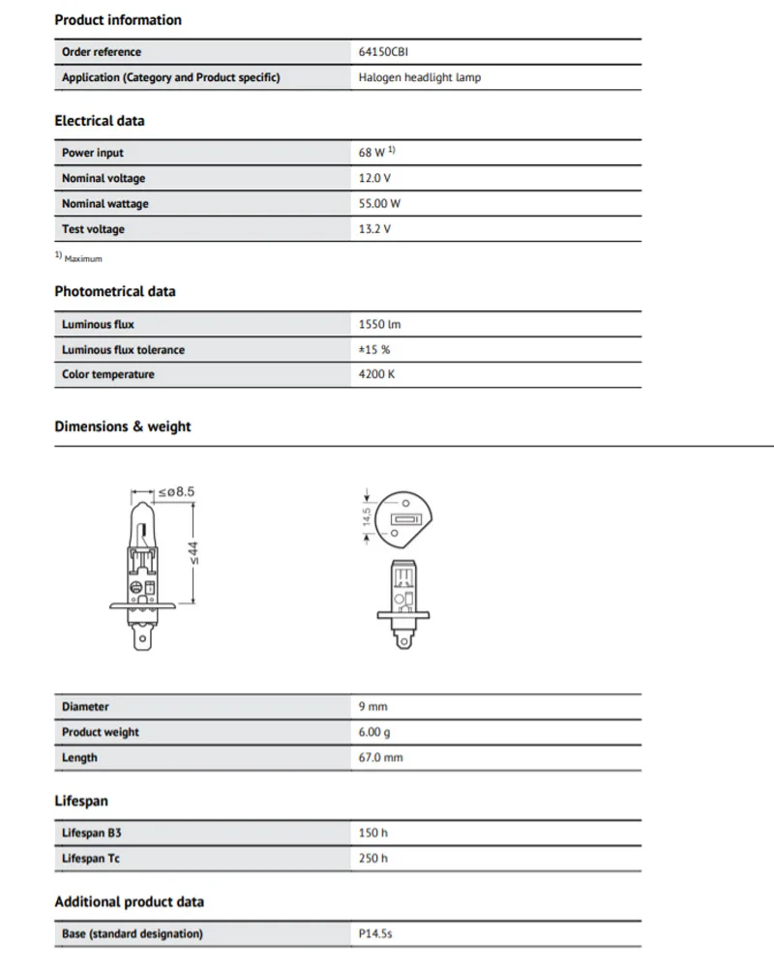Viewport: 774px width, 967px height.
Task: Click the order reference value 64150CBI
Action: [x=383, y=52]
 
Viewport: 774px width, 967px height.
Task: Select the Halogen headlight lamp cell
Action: [x=419, y=77]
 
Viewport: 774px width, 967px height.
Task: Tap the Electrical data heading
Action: [x=100, y=121]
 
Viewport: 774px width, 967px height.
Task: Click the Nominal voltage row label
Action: [x=104, y=178]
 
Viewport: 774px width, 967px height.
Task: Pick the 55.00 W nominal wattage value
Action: [x=379, y=204]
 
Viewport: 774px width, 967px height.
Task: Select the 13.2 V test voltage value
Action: [x=374, y=229]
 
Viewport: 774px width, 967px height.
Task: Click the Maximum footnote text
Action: [x=82, y=259]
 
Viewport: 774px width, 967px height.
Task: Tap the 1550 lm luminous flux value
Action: [x=379, y=325]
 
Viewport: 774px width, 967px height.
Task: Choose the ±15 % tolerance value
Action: [x=374, y=350]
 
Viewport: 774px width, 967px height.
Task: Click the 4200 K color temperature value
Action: [x=376, y=374]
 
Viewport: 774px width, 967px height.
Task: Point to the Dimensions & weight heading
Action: [x=123, y=426]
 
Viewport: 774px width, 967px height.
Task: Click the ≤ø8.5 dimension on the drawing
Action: [x=177, y=492]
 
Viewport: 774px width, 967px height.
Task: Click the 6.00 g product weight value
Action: [x=373, y=732]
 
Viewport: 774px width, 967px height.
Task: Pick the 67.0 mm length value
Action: [x=380, y=757]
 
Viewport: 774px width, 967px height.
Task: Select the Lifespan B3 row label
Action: [x=91, y=833]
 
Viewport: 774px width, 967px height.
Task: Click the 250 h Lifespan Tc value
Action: [x=372, y=858]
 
